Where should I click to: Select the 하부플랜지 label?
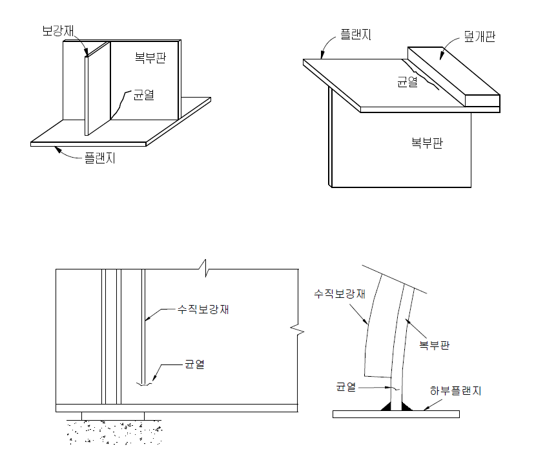(x=456, y=391)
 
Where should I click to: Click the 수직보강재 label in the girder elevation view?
(x=203, y=310)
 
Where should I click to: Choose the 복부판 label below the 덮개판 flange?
(x=427, y=143)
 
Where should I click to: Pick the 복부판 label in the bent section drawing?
(x=434, y=345)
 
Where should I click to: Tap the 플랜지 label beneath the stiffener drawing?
(x=99, y=157)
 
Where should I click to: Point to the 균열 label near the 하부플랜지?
(x=345, y=387)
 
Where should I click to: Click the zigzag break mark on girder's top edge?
(x=204, y=266)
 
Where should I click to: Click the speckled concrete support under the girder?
(x=113, y=431)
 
